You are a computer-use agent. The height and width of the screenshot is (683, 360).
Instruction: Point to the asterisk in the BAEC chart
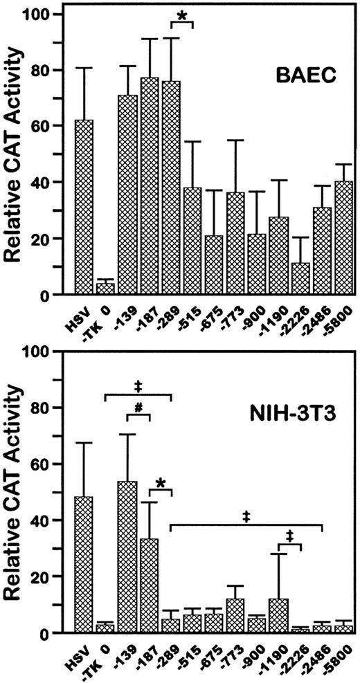[182, 15]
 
